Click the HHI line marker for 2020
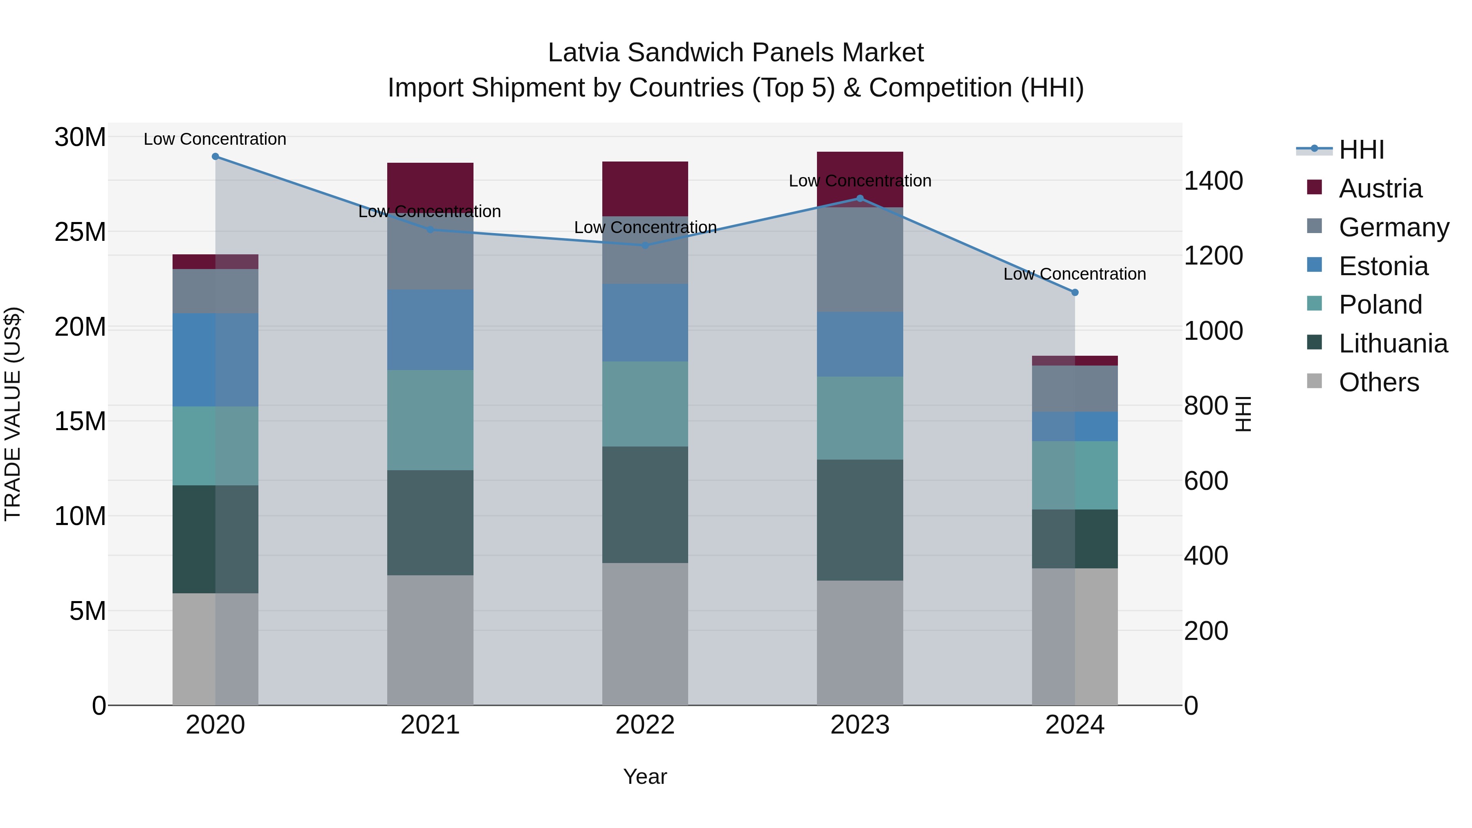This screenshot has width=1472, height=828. pyautogui.click(x=215, y=157)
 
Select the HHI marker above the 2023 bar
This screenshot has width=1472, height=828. pyautogui.click(x=860, y=198)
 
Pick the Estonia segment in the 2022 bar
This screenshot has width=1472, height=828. pyautogui.click(x=645, y=323)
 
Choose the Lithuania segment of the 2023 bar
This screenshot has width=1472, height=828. pyautogui.click(x=860, y=520)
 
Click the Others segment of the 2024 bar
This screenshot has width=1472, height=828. pyautogui.click(x=1075, y=637)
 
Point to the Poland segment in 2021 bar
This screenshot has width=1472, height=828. pyautogui.click(x=430, y=420)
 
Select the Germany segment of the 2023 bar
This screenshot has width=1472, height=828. pyautogui.click(x=860, y=260)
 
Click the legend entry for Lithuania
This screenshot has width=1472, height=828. pyautogui.click(x=1393, y=343)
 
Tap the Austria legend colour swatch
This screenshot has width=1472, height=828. pyautogui.click(x=1314, y=187)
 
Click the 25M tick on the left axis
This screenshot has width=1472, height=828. pyautogui.click(x=80, y=232)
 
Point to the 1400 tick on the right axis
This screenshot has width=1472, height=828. pyautogui.click(x=1213, y=181)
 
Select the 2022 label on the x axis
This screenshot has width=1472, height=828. pyautogui.click(x=645, y=725)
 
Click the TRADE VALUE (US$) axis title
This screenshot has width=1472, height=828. pyautogui.click(x=13, y=414)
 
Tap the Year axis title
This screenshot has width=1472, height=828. pyautogui.click(x=645, y=776)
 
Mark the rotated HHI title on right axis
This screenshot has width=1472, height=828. pyautogui.click(x=1243, y=414)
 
